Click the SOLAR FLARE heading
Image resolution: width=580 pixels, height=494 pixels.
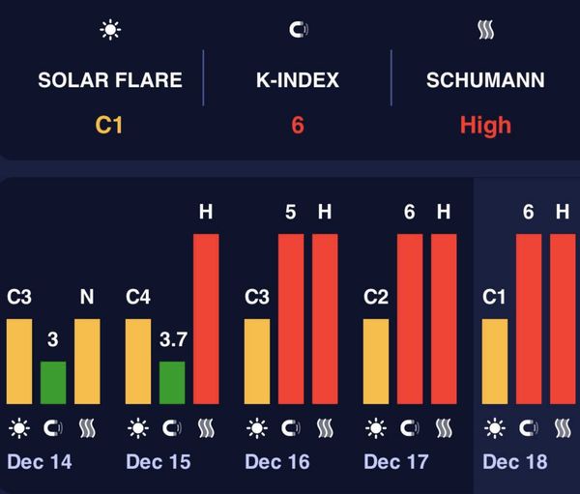pyautogui.click(x=108, y=79)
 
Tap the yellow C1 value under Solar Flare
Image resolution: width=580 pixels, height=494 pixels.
pyautogui.click(x=108, y=125)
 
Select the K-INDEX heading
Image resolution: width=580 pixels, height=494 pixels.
pyautogui.click(x=297, y=79)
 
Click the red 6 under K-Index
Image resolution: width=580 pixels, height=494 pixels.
pyautogui.click(x=297, y=125)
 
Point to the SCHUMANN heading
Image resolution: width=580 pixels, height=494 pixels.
pyautogui.click(x=485, y=79)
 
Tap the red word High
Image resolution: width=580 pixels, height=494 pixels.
pyautogui.click(x=485, y=125)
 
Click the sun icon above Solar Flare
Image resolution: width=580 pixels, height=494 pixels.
pyautogui.click(x=110, y=30)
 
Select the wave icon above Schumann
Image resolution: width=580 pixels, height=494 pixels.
pyautogui.click(x=486, y=30)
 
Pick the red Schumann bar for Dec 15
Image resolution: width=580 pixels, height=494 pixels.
pyautogui.click(x=206, y=319)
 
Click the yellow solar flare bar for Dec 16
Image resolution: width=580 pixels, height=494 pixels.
pyautogui.click(x=257, y=361)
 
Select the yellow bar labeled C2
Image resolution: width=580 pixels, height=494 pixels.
pyautogui.click(x=376, y=361)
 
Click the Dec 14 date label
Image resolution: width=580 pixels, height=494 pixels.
pyautogui.click(x=40, y=462)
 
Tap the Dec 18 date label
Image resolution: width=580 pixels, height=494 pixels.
pyautogui.click(x=514, y=462)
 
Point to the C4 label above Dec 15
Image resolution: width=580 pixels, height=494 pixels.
pyautogui.click(x=139, y=297)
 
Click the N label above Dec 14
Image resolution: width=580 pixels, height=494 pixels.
pyautogui.click(x=87, y=297)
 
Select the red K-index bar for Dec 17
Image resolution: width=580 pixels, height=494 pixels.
pyautogui.click(x=410, y=319)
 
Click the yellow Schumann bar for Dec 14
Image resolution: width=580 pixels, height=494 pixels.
pyautogui.click(x=87, y=361)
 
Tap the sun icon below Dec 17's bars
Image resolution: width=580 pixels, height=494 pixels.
pyautogui.click(x=376, y=427)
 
